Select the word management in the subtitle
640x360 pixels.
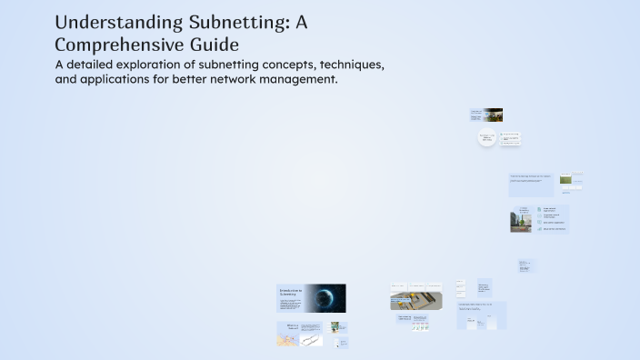294,80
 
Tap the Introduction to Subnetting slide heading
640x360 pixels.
289,293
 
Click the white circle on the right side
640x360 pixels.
488,139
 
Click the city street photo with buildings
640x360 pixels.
521,221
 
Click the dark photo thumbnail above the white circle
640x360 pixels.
494,115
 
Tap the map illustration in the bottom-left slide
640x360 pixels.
287,340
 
